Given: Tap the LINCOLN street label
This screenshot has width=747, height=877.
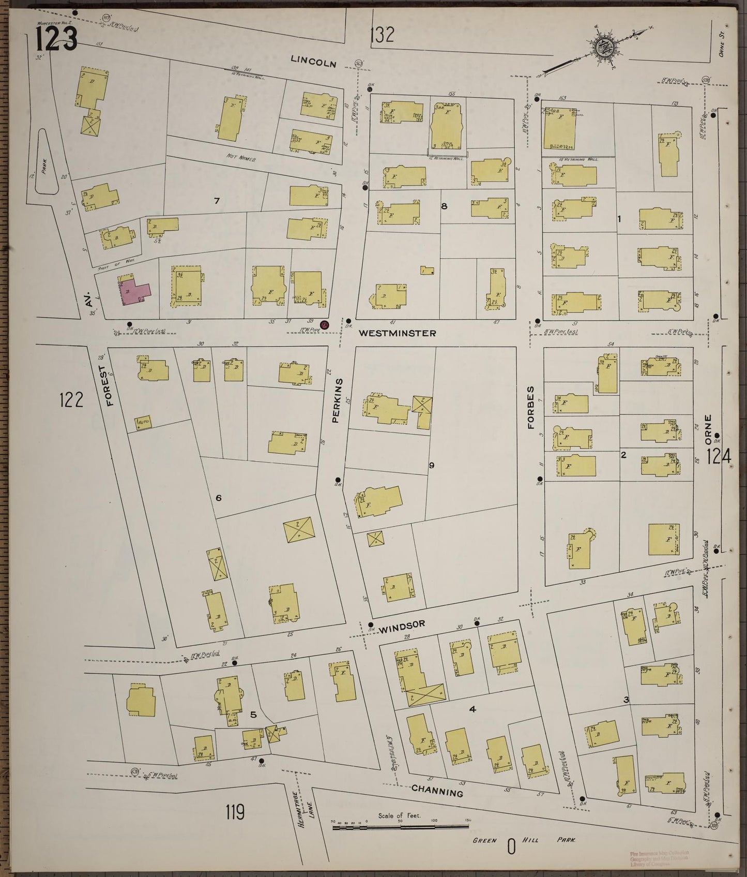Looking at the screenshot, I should (313, 62).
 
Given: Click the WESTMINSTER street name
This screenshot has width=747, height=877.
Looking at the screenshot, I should (397, 333).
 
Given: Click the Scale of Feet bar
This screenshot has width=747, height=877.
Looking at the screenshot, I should (401, 827).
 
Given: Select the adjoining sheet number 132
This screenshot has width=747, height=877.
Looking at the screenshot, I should (383, 35).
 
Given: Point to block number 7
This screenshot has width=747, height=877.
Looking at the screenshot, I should (217, 200).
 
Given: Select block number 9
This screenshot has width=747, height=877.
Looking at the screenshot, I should (431, 465).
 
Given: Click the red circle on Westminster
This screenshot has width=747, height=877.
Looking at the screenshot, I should (325, 325).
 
